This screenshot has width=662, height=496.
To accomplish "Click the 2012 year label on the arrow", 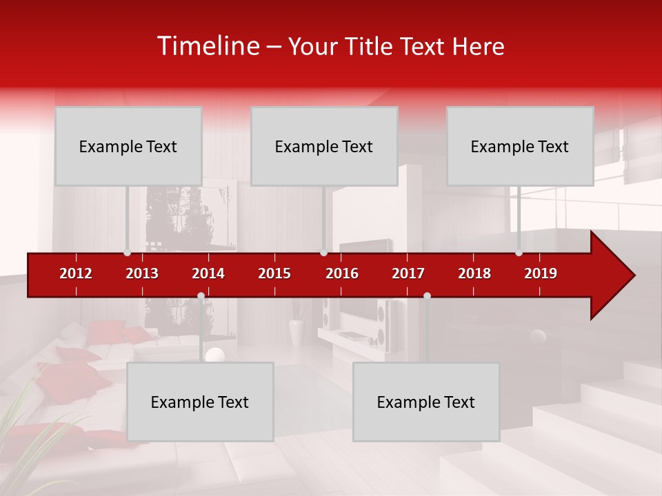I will [76, 273].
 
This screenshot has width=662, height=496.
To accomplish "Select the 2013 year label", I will [142, 273].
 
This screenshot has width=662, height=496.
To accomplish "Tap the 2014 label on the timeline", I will [208, 273].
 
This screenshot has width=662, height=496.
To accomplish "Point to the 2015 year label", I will [274, 273].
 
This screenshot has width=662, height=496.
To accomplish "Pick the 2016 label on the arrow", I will [342, 273].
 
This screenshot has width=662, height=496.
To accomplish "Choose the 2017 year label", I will [408, 273].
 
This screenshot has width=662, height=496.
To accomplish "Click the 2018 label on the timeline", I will [474, 273].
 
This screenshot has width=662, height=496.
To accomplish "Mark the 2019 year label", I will [541, 273].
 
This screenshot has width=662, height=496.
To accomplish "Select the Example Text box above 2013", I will [128, 146].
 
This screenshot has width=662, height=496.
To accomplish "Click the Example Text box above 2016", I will [324, 146].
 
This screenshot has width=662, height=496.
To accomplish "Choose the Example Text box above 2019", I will [520, 146].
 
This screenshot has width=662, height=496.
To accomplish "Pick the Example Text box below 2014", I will [200, 402].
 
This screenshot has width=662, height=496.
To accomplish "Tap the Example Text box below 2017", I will [426, 402].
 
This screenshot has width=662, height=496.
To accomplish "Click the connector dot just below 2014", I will [201, 296].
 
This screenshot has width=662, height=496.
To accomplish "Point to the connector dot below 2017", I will [427, 296].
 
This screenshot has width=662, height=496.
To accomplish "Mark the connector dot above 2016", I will [323, 253].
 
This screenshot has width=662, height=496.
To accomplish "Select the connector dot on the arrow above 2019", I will [519, 253].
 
